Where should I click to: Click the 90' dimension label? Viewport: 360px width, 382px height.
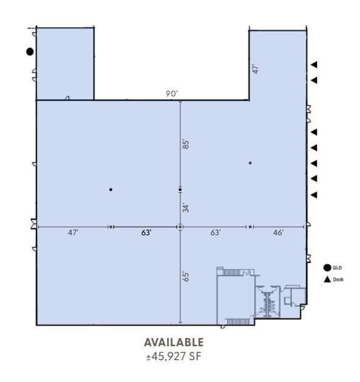(172, 93)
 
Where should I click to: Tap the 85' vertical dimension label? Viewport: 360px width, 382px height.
(186, 144)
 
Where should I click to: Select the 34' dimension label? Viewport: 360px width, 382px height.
(186, 208)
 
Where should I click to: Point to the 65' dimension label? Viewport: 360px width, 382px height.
(186, 276)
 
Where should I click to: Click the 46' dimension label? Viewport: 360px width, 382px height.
(278, 233)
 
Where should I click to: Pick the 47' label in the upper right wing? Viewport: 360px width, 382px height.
(256, 69)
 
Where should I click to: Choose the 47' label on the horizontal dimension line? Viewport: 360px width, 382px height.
(73, 233)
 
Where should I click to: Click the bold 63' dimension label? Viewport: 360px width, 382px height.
(146, 233)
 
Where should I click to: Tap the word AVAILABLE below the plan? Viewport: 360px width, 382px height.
(174, 343)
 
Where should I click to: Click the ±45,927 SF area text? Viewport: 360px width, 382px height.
(174, 357)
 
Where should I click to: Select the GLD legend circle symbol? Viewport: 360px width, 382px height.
(327, 268)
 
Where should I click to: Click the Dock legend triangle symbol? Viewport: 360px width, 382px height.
(327, 280)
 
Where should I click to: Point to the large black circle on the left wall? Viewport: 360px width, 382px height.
(30, 52)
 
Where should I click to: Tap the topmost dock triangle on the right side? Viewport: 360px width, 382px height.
(314, 64)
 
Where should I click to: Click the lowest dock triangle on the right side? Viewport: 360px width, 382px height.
(314, 195)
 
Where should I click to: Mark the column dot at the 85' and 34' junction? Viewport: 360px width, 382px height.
(180, 190)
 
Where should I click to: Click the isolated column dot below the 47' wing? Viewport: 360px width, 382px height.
(250, 163)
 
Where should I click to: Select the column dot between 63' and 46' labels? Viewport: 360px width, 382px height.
(250, 227)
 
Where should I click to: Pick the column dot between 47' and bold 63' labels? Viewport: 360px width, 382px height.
(110, 227)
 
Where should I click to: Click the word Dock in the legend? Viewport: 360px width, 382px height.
(338, 280)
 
